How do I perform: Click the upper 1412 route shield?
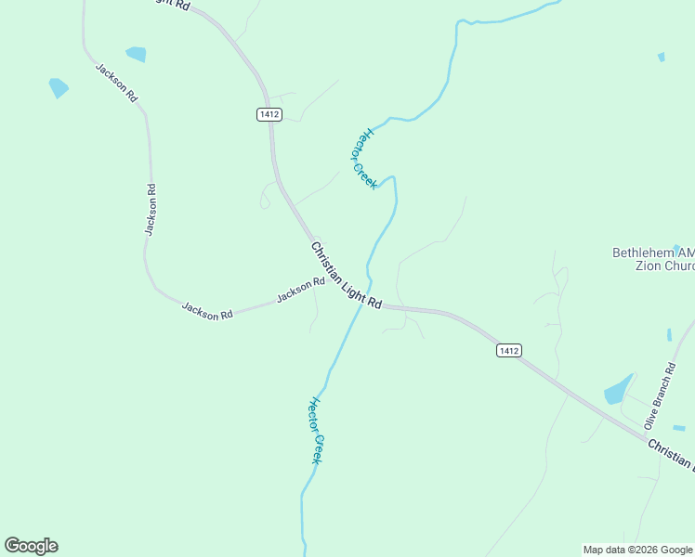[269, 114]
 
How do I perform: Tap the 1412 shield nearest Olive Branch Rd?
[507, 350]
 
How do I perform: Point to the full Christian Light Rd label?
[346, 276]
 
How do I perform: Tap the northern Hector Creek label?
[363, 158]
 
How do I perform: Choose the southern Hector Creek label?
[315, 431]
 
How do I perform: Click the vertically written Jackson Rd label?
[150, 210]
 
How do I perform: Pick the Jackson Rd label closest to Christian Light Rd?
[300, 291]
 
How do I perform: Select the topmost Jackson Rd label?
[116, 83]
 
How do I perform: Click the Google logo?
[31, 546]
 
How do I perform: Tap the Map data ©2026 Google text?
[637, 550]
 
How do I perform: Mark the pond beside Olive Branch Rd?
[618, 390]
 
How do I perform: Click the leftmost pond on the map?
[59, 88]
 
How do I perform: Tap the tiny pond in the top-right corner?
[662, 58]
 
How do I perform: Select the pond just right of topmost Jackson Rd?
[136, 54]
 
